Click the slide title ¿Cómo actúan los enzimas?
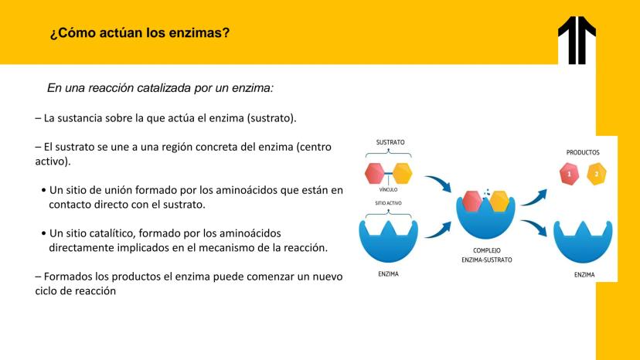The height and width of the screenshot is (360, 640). [x=140, y=32]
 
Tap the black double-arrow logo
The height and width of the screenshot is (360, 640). [x=577, y=40]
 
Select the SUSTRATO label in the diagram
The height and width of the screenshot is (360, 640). [x=390, y=142]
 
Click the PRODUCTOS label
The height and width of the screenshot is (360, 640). [x=583, y=153]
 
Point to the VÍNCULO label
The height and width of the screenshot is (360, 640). [x=388, y=190]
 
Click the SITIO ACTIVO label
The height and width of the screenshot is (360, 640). [x=388, y=203]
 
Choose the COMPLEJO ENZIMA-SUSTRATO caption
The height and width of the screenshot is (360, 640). [x=486, y=255]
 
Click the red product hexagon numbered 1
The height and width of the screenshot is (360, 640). [x=570, y=174]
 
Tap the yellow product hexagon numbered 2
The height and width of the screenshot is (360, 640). [x=596, y=174]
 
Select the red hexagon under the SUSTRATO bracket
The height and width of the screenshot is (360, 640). [x=375, y=174]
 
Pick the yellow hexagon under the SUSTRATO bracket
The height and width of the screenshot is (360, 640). [x=402, y=174]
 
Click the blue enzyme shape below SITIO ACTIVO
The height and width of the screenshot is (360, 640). [x=388, y=243]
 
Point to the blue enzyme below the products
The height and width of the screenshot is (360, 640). [x=583, y=243]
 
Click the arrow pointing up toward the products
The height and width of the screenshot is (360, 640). [x=534, y=198]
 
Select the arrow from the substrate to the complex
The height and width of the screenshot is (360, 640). [x=438, y=183]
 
